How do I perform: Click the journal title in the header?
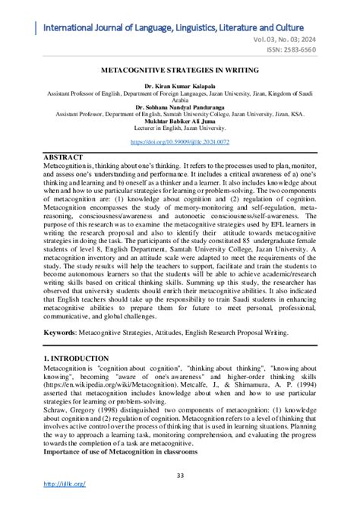click(x=185, y=28)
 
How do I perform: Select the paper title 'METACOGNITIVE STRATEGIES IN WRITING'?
click(x=180, y=70)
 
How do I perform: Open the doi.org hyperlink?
click(x=180, y=141)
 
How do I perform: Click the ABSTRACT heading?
click(x=65, y=156)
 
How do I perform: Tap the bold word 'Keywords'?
click(x=64, y=333)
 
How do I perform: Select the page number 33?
click(x=180, y=476)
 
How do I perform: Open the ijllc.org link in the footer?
click(x=65, y=484)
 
